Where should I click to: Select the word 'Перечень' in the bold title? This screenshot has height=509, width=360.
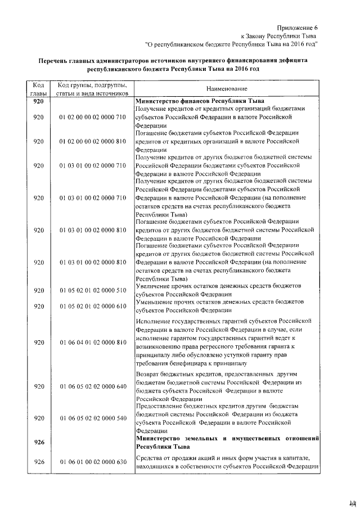coord(53,60)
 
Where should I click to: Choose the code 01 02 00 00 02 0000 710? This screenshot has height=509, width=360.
coord(91,118)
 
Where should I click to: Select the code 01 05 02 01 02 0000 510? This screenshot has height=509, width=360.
coord(91,290)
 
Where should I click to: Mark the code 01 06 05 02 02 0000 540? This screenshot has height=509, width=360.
coord(91,418)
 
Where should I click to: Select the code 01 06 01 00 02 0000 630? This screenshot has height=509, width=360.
coord(91,462)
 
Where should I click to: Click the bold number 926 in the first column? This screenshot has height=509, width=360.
coord(39,442)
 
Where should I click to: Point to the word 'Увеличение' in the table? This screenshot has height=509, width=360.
coord(155,286)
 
